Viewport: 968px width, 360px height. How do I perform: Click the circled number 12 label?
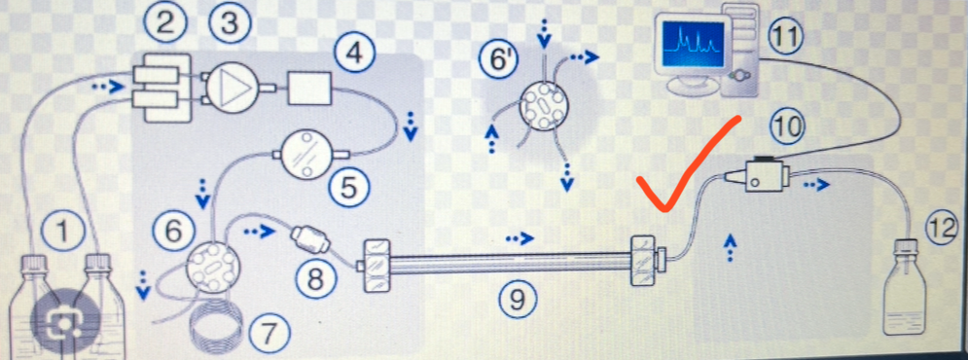click(x=943, y=228)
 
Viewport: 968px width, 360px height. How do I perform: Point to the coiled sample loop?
click(x=215, y=332)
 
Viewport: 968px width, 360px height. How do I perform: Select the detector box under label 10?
click(x=763, y=174)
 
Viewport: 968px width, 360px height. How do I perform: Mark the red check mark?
click(x=686, y=162)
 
